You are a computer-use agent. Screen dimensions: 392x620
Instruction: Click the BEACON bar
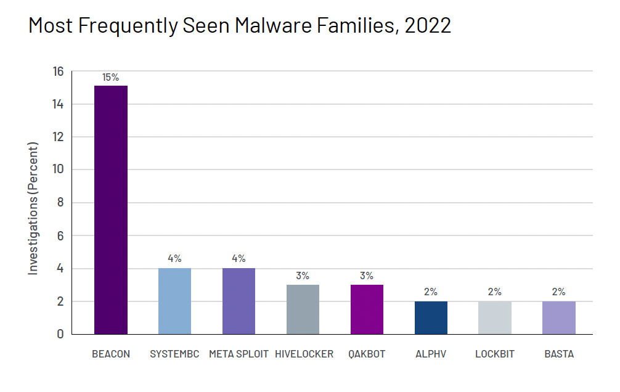(x=111, y=210)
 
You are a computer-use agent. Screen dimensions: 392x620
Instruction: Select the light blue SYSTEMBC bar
(x=174, y=301)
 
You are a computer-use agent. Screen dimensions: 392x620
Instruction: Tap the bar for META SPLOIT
(x=239, y=301)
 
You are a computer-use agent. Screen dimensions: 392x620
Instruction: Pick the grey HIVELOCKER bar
(x=302, y=309)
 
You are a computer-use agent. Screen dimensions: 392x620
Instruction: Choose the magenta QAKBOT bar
(x=367, y=309)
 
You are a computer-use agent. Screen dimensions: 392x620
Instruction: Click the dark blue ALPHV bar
(x=430, y=317)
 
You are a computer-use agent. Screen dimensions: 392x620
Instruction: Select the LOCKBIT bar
(x=494, y=317)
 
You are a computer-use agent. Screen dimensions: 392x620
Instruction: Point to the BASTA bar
(x=558, y=317)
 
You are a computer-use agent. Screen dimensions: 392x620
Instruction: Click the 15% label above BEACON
(x=111, y=77)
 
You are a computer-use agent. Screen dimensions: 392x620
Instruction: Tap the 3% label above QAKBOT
(x=367, y=276)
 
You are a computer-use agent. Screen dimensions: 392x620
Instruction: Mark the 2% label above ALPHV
(x=430, y=292)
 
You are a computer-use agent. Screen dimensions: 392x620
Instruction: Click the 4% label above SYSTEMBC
(x=174, y=259)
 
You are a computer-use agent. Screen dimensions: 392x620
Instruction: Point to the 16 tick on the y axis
(x=58, y=71)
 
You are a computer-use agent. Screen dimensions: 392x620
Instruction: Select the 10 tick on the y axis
(x=58, y=169)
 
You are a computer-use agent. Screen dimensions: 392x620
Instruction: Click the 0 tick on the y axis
(x=60, y=334)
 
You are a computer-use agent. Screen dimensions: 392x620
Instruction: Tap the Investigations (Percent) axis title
(x=33, y=208)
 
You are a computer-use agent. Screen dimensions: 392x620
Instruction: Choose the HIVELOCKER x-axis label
(x=304, y=354)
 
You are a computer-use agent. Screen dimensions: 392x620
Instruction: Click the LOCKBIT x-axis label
(x=494, y=354)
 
